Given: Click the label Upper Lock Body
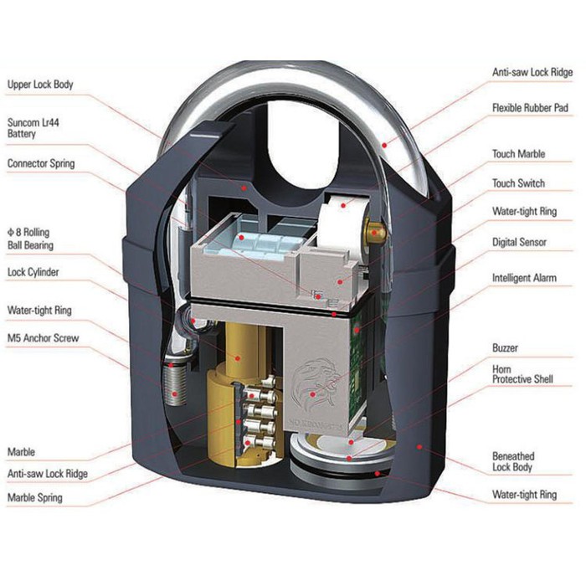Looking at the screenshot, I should tap(40, 85).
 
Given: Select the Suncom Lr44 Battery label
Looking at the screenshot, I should tap(33, 127).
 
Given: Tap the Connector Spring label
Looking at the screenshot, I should tap(40, 163).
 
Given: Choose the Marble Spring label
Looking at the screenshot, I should tap(34, 497).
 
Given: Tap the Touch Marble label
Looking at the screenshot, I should tap(518, 155).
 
